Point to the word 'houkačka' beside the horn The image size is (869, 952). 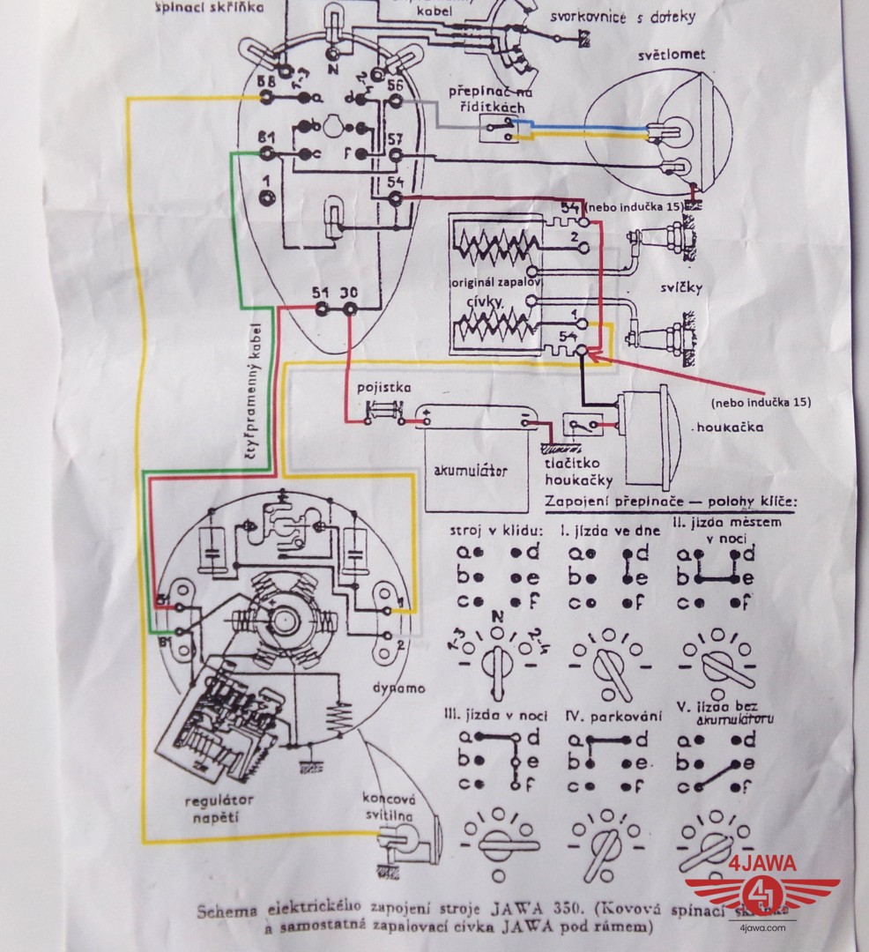[x=728, y=428]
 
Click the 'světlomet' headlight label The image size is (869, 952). [x=674, y=56]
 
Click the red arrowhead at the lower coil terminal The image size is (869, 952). [x=590, y=355]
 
